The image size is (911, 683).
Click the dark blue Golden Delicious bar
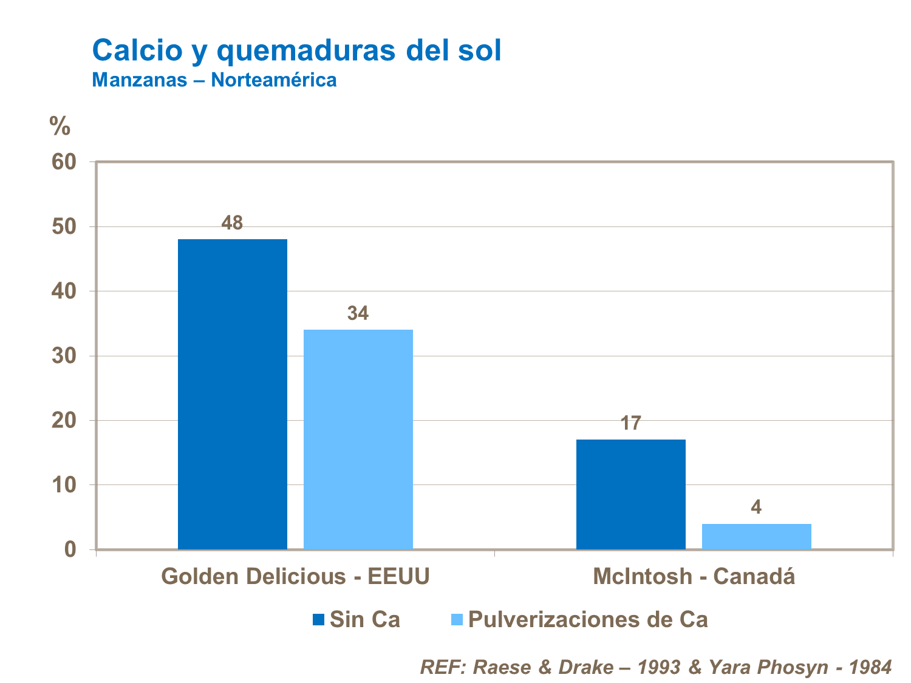(232, 395)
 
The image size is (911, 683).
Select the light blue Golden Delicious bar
(358, 440)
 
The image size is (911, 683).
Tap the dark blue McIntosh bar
(630, 494)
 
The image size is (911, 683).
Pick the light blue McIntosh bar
(756, 537)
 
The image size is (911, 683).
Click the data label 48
(232, 223)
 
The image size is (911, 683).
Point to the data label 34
(358, 314)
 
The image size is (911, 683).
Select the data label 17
(630, 423)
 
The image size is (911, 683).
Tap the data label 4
(756, 508)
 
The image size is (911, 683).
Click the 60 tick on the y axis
(64, 162)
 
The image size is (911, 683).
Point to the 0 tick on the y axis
(71, 550)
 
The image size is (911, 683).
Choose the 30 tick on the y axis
(64, 356)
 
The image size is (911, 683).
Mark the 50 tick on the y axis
(64, 227)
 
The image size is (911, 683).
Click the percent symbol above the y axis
(60, 126)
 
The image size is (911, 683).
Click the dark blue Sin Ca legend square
(319, 620)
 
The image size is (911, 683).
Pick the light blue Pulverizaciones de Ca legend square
(457, 620)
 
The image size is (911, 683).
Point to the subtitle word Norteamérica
(273, 80)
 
